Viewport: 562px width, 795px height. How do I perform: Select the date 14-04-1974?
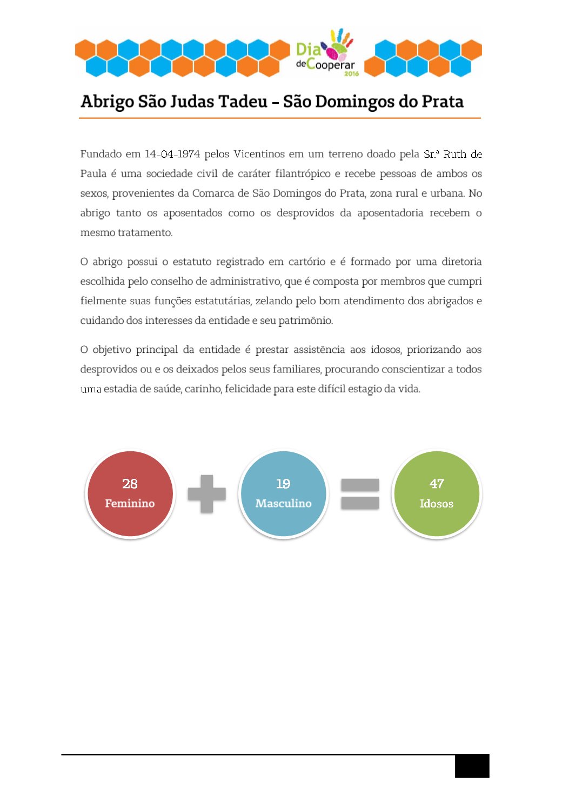click(x=172, y=154)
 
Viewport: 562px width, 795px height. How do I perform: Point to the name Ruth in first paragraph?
click(x=454, y=154)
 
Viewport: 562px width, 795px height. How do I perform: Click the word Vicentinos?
click(x=259, y=154)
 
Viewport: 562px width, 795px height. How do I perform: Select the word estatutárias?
click(x=223, y=300)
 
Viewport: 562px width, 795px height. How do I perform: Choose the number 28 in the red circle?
click(x=130, y=484)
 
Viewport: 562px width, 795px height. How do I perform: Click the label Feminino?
click(x=130, y=503)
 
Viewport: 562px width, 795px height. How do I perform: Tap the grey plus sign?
click(x=206, y=493)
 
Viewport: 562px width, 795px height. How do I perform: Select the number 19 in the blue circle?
click(x=283, y=484)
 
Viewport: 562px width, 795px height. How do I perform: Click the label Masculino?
click(x=283, y=503)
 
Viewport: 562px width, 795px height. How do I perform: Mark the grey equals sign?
click(x=360, y=493)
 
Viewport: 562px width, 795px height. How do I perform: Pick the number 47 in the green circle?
click(x=437, y=484)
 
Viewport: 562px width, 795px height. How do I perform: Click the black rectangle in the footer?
click(x=472, y=766)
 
